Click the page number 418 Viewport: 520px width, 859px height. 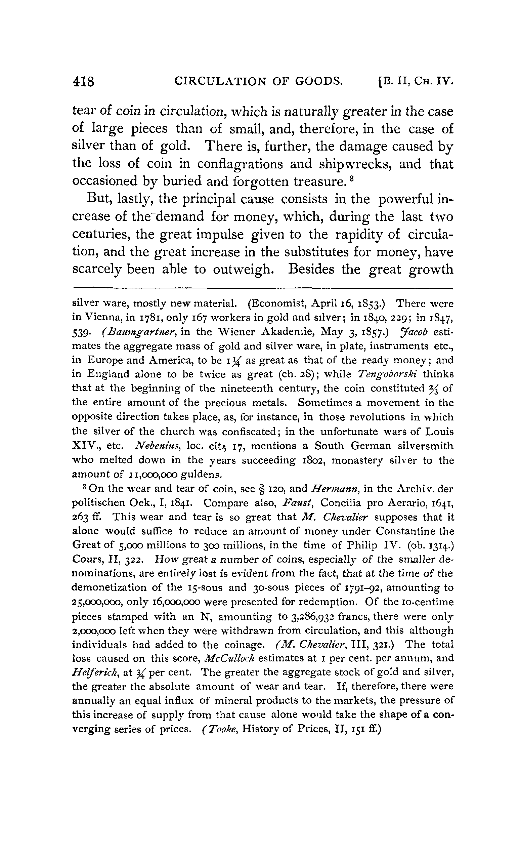(83, 82)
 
